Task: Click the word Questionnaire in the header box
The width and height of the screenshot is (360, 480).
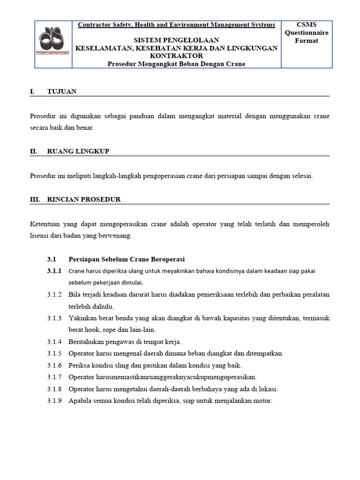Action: (x=307, y=33)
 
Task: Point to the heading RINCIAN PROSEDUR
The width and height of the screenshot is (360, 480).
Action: (x=84, y=199)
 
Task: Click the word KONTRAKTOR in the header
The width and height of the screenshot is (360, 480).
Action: (x=177, y=56)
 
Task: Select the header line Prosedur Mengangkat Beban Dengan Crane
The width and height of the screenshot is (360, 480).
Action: (x=177, y=64)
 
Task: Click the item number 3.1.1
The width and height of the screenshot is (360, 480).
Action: (x=54, y=271)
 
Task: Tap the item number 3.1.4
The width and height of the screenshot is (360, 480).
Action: (x=54, y=341)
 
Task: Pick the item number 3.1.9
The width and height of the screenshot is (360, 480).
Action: (x=54, y=401)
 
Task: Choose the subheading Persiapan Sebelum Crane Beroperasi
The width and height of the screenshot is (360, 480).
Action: (x=127, y=259)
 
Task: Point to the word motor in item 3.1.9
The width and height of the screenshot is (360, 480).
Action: (x=262, y=401)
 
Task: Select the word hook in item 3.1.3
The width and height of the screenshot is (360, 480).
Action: (x=92, y=330)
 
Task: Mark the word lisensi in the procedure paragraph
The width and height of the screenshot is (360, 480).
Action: (x=40, y=236)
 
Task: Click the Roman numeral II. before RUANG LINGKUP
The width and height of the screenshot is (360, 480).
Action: (x=34, y=151)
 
